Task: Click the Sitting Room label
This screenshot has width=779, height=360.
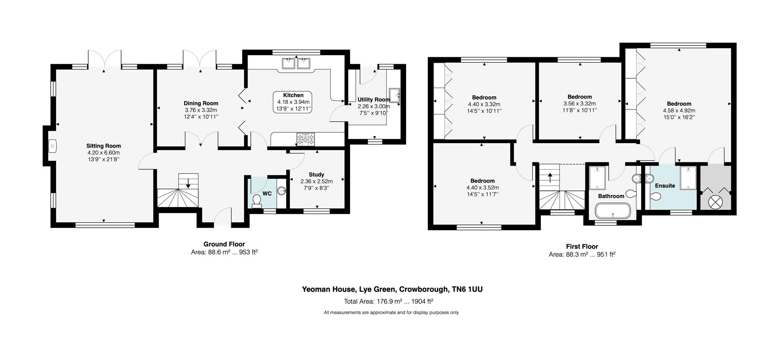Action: [103, 146]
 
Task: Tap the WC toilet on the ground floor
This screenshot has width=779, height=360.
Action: [257, 201]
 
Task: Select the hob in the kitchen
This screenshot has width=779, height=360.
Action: [306, 139]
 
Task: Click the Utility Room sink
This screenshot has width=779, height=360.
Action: [394, 95]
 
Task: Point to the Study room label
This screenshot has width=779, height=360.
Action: [316, 175]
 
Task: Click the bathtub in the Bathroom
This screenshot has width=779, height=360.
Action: [612, 211]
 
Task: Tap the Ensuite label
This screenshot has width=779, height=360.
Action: [665, 186]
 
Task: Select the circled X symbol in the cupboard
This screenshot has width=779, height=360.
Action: [716, 201]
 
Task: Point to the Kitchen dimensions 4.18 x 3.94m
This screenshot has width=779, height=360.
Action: [293, 102]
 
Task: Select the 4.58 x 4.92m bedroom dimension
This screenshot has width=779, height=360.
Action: [679, 110]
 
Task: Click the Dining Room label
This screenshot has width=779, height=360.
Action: [201, 103]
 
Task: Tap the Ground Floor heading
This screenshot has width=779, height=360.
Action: [224, 244]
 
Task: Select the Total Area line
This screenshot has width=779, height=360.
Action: [389, 302]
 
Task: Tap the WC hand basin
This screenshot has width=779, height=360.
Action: [282, 191]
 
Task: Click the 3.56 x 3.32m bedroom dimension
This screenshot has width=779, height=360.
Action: [579, 103]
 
